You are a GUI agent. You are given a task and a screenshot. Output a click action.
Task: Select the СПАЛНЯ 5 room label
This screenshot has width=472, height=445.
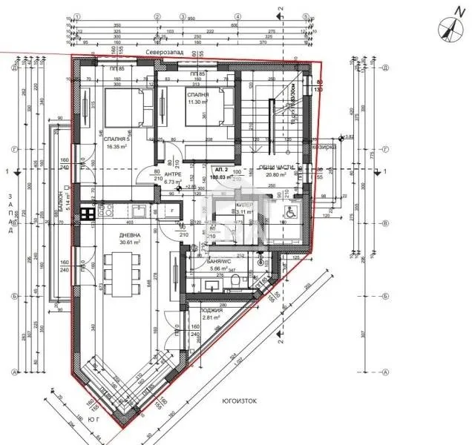(x=118, y=139)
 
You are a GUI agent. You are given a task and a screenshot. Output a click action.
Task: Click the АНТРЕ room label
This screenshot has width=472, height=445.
(x=172, y=174)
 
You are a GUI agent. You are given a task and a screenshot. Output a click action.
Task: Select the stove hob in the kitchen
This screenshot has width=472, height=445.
(x=86, y=214)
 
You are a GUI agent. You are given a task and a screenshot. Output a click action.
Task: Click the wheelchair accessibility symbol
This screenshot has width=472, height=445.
(x=289, y=211)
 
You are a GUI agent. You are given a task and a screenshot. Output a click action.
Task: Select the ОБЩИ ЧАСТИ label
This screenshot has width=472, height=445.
(x=276, y=168)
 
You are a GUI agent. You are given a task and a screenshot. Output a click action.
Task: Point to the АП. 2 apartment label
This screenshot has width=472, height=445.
(x=220, y=171)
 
